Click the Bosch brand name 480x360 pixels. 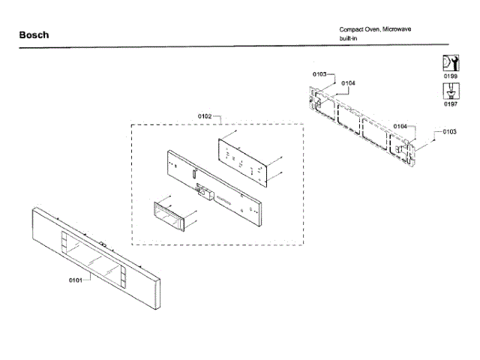tap(34, 35)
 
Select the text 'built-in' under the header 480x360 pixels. tap(351, 37)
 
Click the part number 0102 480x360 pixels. tap(205, 116)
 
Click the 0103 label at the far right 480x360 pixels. tap(449, 132)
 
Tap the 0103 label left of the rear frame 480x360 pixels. tap(319, 73)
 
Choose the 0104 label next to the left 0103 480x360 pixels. tap(347, 82)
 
